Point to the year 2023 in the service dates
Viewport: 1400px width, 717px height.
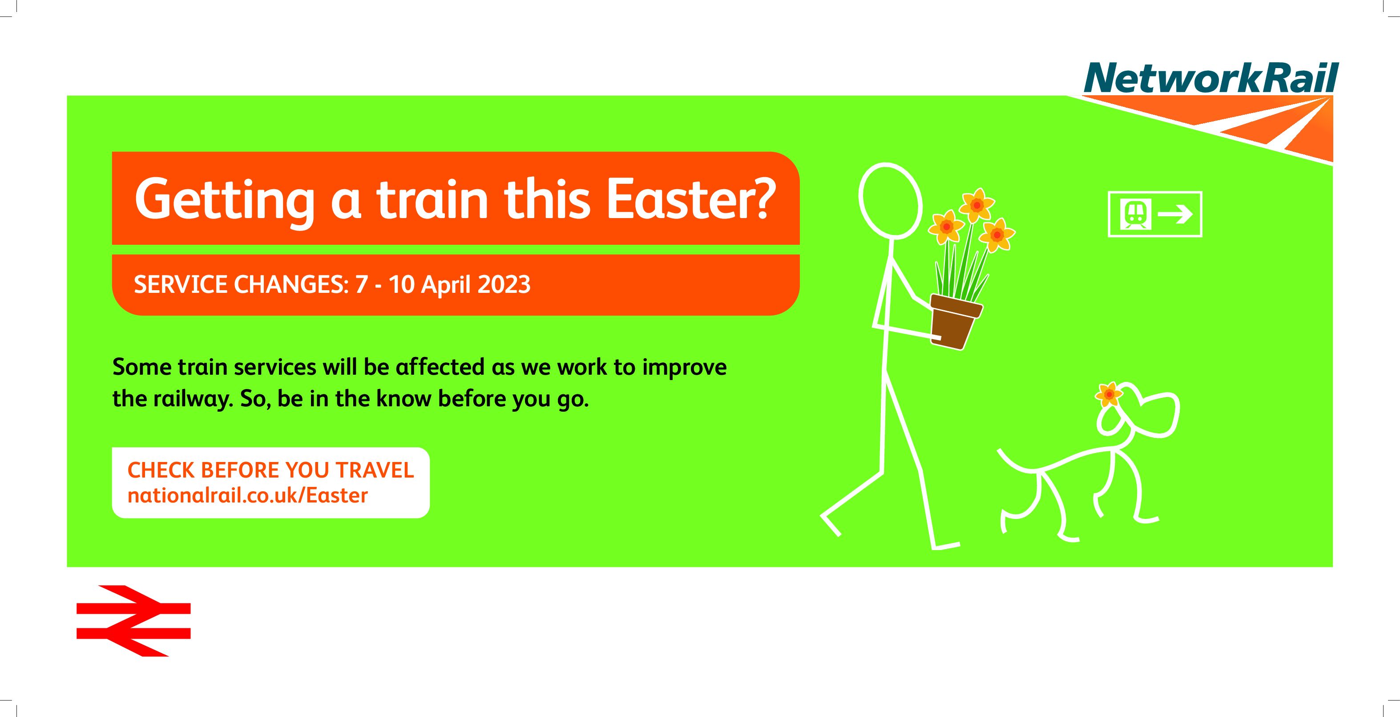[x=504, y=285]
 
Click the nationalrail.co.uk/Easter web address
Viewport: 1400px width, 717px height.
[x=248, y=496]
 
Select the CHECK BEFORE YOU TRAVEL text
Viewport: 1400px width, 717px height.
[x=270, y=470]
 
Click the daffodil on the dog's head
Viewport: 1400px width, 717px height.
[x=1109, y=395]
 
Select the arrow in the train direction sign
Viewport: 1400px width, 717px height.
[x=1175, y=214]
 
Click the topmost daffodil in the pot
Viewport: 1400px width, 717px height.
[x=976, y=204]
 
